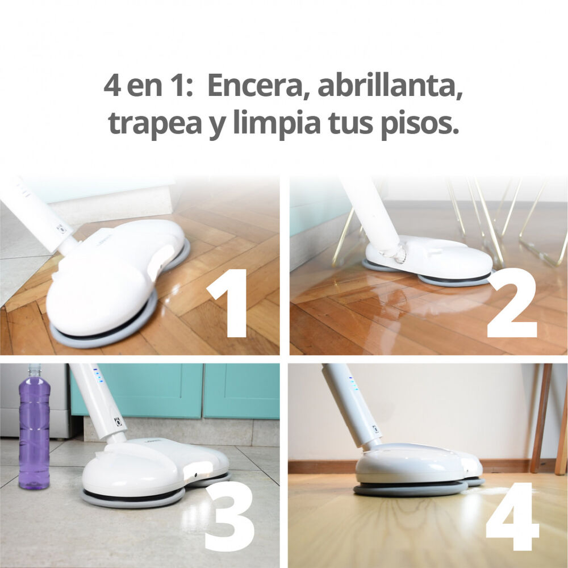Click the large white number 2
pos(512,303)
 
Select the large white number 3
pos(229,516)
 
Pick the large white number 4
pos(512,516)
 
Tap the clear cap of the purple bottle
pos(35,370)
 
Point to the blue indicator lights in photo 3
pos(98,375)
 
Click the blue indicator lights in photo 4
pos(353,383)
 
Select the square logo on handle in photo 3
pos(118,423)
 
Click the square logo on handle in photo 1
pos(61,228)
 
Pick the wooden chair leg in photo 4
pos(541,418)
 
